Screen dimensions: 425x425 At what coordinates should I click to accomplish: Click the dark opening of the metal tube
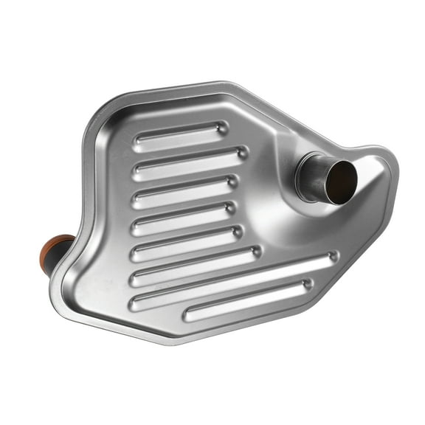(x=340, y=179)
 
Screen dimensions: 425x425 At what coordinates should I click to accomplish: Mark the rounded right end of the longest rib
(x=332, y=257)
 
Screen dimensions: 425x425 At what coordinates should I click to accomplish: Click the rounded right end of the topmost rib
(x=222, y=127)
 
